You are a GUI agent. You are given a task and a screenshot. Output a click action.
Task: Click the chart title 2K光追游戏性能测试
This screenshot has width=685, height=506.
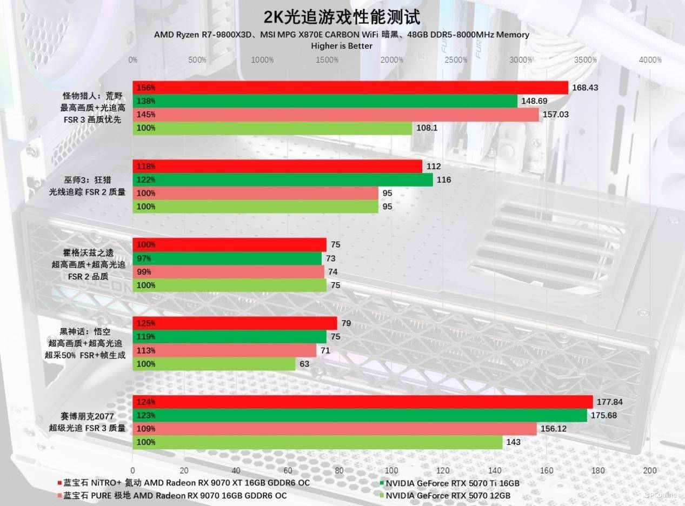(x=342, y=17)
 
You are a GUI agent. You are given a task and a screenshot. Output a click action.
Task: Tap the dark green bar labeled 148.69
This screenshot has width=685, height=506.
(x=325, y=101)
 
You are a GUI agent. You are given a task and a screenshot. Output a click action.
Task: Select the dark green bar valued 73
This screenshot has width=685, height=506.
(x=227, y=258)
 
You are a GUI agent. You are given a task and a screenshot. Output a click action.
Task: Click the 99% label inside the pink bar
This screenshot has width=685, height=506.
(x=144, y=272)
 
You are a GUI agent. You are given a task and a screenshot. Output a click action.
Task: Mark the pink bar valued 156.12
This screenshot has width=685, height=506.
(x=335, y=429)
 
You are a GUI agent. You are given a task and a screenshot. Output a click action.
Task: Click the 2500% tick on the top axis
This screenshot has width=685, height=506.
(x=456, y=59)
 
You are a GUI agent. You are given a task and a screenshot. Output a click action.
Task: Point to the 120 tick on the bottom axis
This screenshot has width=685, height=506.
(x=443, y=470)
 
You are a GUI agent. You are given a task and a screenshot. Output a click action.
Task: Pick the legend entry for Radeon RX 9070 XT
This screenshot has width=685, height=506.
(x=183, y=483)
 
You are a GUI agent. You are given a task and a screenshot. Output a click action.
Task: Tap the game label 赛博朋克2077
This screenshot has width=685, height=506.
(x=89, y=416)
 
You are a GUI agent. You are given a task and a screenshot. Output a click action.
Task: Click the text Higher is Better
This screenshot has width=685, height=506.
(x=342, y=46)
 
